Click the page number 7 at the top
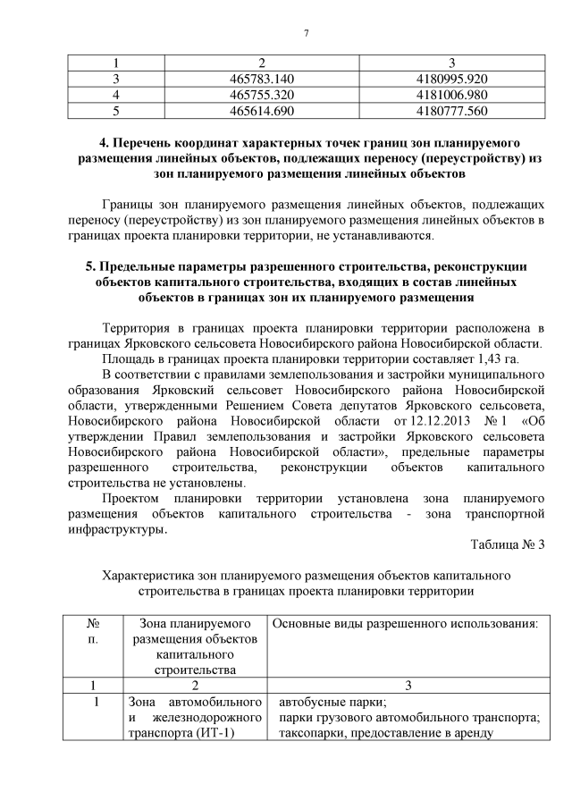[306, 34]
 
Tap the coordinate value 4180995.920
[451, 79]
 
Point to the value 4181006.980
[451, 95]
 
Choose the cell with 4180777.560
[451, 111]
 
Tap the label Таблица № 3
[507, 544]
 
